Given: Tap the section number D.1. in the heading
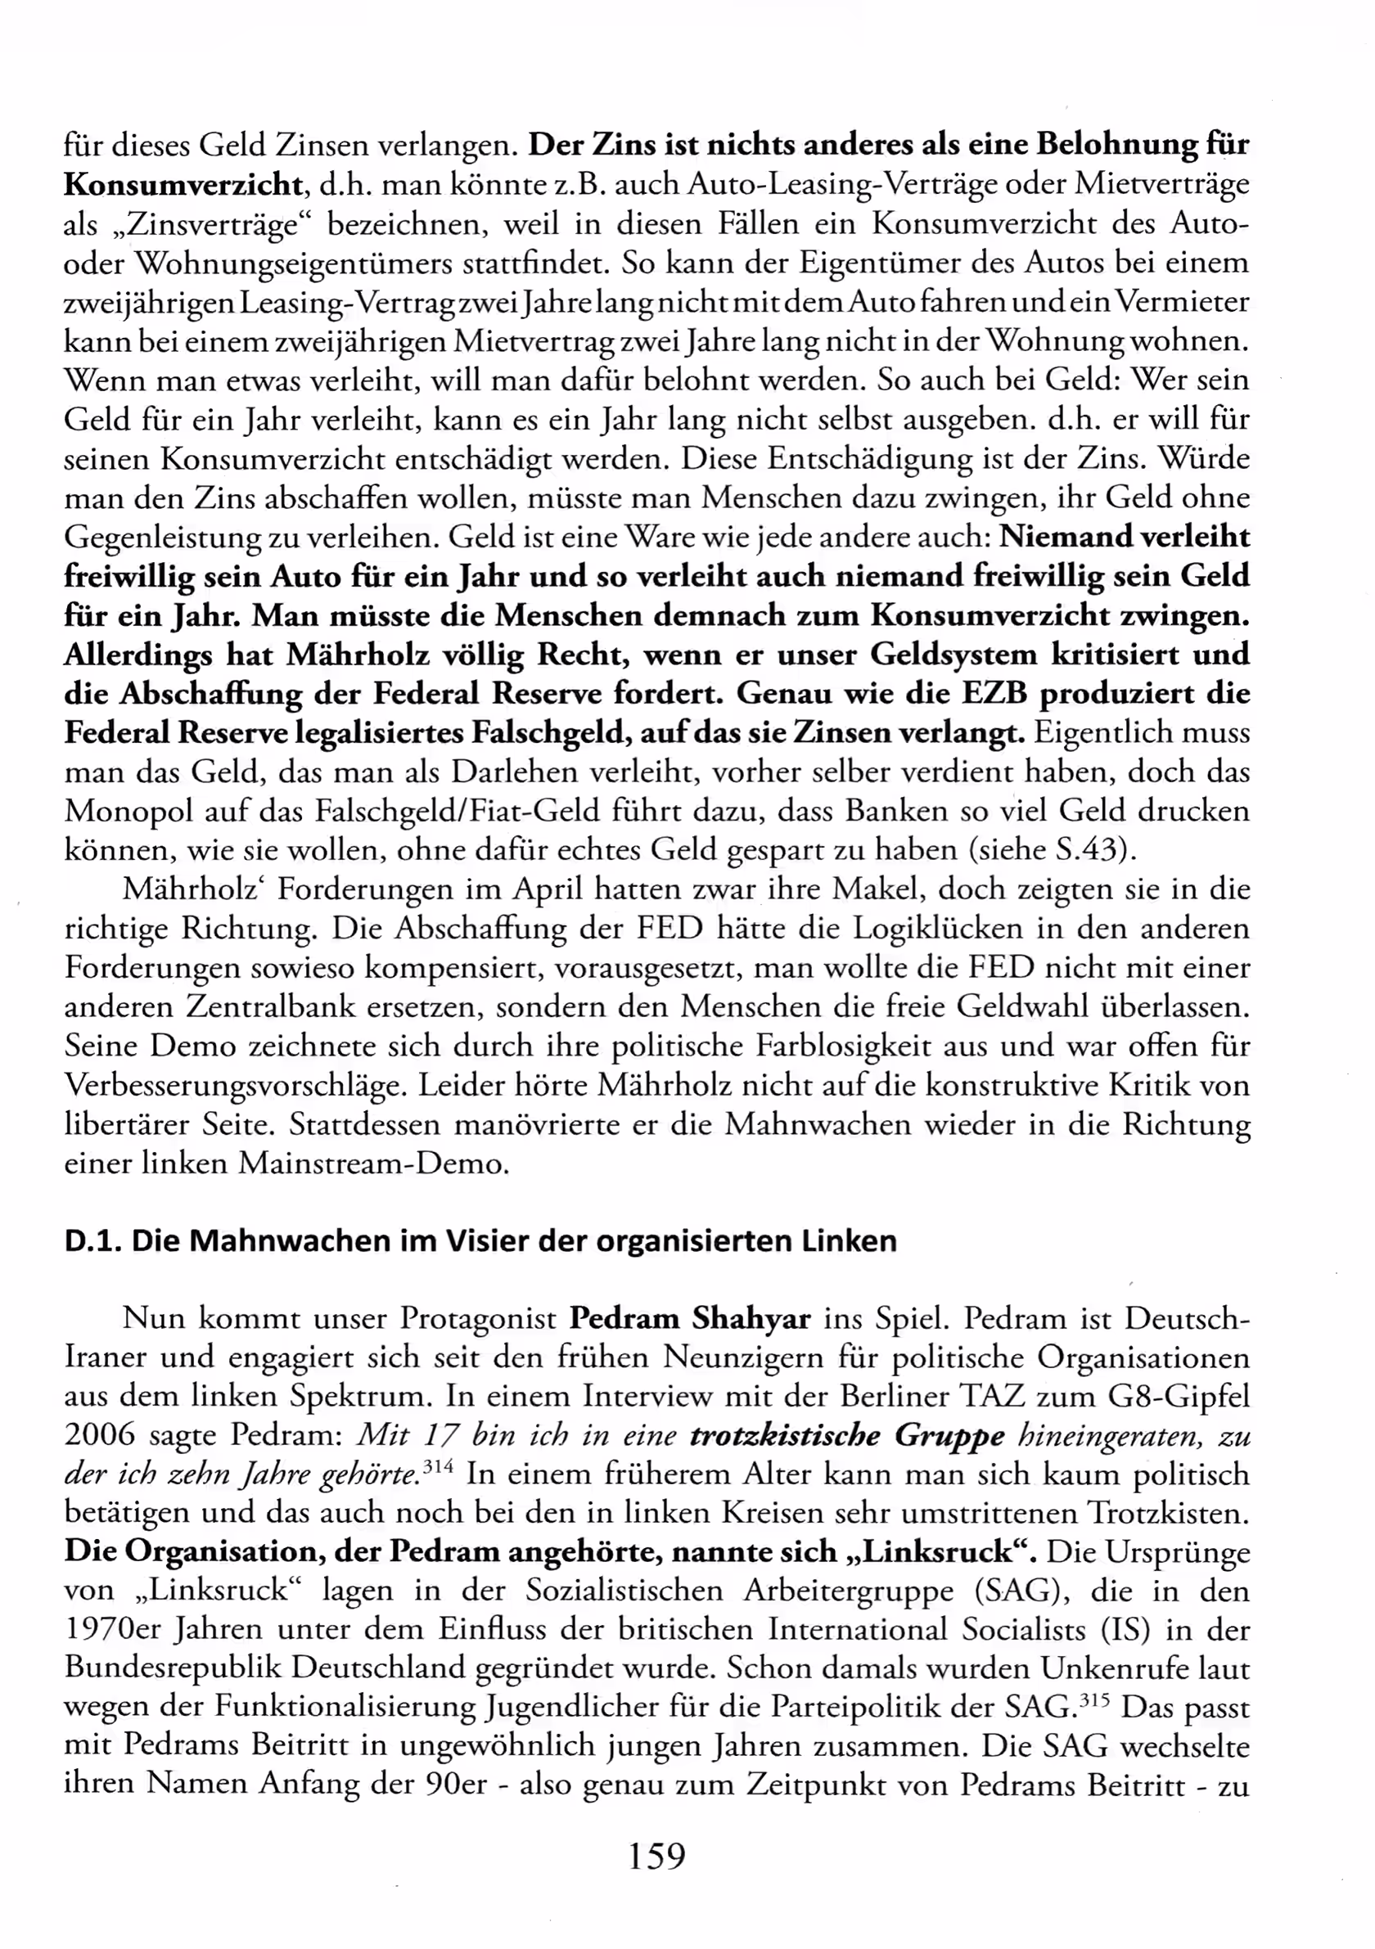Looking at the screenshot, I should pos(93,1241).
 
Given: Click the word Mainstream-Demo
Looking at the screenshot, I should pos(373,1163).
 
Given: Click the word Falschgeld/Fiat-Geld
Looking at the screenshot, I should pos(458,812).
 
